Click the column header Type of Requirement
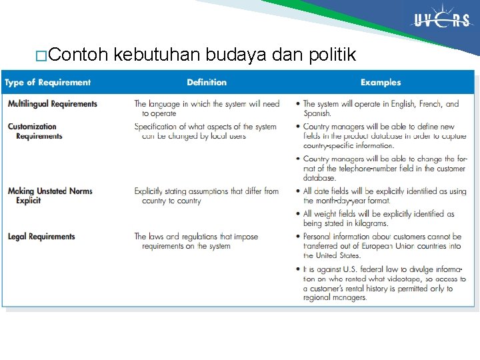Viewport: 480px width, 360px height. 47,83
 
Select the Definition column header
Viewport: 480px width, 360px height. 207,83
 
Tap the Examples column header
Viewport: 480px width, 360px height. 381,83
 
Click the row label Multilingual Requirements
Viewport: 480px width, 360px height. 53,104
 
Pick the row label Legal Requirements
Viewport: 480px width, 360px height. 41,237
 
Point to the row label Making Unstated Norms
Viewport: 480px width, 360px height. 50,191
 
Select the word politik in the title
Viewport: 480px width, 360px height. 331,55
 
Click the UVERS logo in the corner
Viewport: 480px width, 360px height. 441,21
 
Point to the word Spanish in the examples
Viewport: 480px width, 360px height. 316,113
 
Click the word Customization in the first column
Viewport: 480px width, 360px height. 32,126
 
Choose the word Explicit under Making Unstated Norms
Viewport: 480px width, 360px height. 29,201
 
